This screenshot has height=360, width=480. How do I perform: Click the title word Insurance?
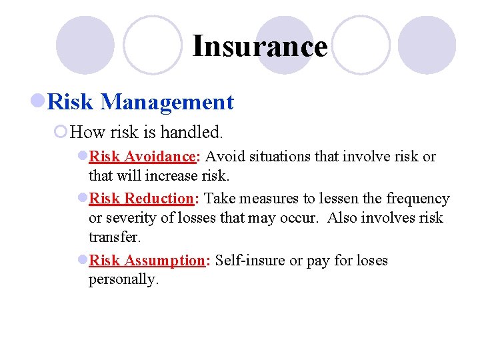(x=260, y=47)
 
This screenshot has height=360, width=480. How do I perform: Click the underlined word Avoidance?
(x=159, y=157)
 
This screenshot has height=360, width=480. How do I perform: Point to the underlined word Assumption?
(x=165, y=261)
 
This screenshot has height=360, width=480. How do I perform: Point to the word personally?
(x=123, y=280)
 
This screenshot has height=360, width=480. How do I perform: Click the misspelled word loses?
(x=370, y=261)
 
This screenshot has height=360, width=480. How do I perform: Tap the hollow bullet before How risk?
(x=61, y=132)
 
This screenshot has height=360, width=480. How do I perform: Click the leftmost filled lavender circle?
(x=85, y=45)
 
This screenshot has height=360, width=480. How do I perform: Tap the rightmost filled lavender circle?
(x=427, y=45)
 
